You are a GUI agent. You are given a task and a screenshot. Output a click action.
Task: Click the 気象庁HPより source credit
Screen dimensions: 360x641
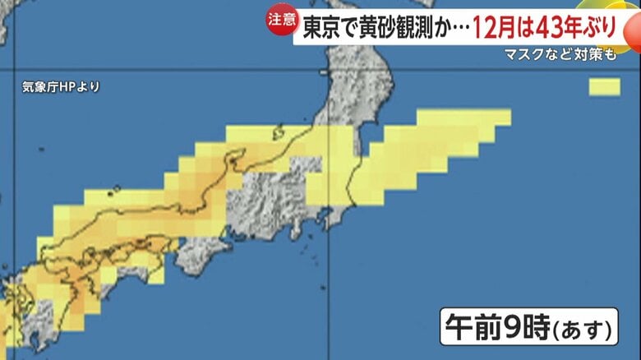(x=61, y=85)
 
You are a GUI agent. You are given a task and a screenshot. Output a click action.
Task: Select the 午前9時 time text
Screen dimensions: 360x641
(x=493, y=327)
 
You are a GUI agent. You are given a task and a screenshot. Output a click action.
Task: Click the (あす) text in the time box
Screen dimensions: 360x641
(x=581, y=330)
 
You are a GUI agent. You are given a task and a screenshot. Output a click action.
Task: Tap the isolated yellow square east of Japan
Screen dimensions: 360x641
(x=604, y=86)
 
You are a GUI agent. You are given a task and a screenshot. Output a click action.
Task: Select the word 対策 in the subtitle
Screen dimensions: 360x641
(x=588, y=55)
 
